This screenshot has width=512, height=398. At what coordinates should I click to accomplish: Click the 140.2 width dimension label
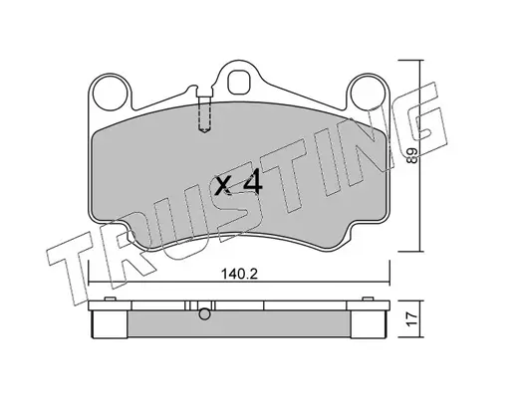coord(239,274)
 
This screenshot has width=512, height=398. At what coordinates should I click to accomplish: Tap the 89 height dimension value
coord(412,155)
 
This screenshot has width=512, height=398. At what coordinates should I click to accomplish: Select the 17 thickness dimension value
coord(412,319)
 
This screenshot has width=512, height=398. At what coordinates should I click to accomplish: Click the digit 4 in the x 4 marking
coord(253,185)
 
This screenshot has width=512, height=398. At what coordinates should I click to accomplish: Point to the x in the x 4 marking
coord(223,185)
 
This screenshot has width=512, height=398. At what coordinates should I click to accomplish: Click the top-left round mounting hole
coord(111,94)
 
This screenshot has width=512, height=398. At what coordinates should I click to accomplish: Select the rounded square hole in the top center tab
coord(238,82)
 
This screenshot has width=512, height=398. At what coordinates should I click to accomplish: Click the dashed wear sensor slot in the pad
coord(204,113)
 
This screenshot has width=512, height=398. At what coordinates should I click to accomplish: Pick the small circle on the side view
coord(204,314)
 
